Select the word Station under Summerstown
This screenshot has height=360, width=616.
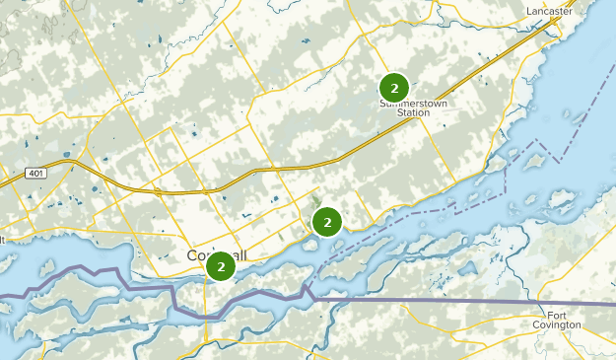(x=413, y=113)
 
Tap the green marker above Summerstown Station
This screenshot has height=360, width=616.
(x=394, y=87)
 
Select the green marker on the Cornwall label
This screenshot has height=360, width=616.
(x=222, y=266)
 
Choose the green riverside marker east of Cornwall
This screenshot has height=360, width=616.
(x=327, y=222)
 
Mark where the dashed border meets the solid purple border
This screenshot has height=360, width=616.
(x=308, y=289)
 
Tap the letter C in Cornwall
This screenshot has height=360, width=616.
(x=191, y=255)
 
